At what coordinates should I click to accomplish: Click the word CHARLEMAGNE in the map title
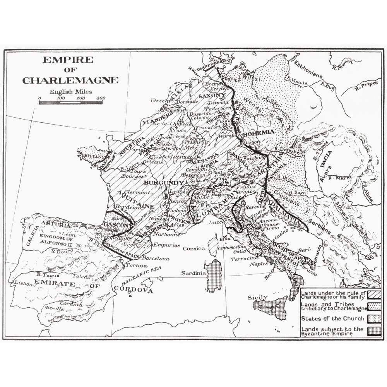coord(70,80)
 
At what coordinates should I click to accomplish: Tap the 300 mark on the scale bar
coord(101,98)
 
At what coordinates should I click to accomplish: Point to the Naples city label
coord(259,265)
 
